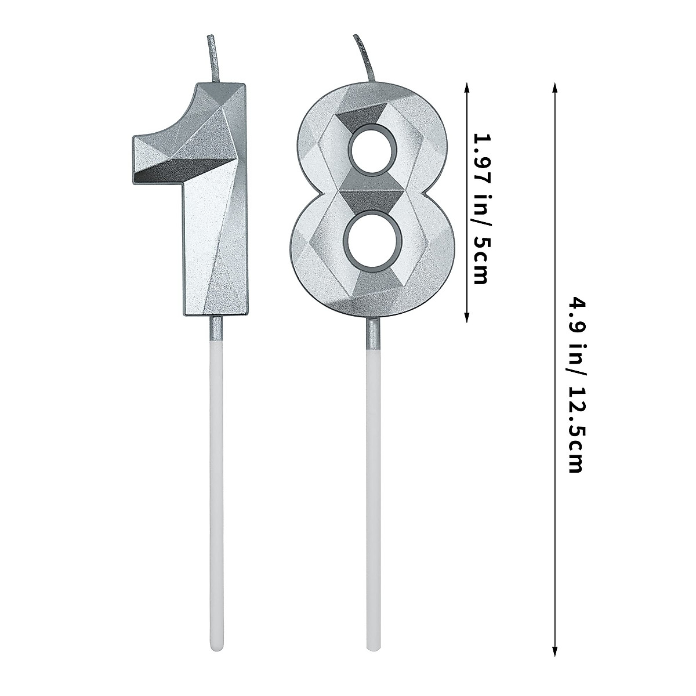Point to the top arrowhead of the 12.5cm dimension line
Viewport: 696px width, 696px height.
click(x=555, y=87)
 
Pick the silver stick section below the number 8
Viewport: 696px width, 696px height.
click(x=372, y=337)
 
